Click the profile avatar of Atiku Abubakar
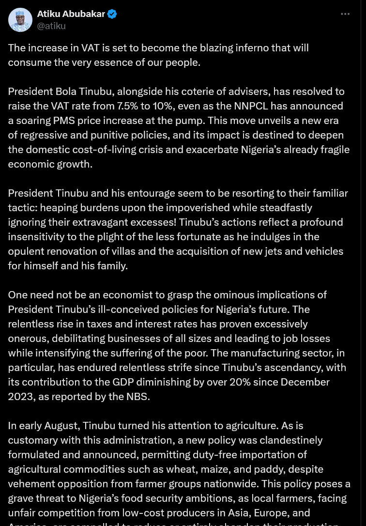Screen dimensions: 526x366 (x=20, y=20)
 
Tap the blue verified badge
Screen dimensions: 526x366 (x=112, y=14)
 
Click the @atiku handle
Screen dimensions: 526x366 (x=51, y=26)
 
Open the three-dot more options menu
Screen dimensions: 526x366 (x=345, y=14)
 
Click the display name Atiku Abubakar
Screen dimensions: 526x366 (x=71, y=14)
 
